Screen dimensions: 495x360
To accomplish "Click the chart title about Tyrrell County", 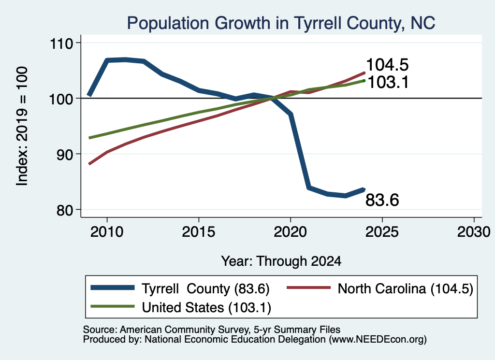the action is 281,23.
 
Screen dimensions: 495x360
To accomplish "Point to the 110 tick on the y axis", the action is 61,43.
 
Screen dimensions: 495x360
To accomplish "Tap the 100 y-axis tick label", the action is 61,99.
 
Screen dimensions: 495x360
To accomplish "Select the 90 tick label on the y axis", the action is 65,154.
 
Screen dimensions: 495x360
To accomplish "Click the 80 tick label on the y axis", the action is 65,210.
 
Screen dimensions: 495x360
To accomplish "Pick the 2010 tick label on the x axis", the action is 107,232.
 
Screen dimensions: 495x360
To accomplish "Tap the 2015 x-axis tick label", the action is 199,232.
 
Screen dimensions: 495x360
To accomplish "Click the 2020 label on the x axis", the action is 291,232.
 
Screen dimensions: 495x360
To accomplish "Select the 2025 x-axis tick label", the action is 382,232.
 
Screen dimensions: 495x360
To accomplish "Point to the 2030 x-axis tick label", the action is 474,232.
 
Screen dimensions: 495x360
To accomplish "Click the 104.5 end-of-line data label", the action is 387,65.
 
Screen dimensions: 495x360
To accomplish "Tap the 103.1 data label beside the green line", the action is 388,82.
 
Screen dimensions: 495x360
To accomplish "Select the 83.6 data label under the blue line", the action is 382,200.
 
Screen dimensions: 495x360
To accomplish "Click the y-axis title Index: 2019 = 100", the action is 22,126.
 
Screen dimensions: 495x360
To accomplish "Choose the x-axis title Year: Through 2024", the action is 281,261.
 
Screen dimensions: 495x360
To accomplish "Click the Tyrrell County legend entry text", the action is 205,288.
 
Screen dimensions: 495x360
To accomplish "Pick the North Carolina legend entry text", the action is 406,288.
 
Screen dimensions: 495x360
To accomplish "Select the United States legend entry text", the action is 206,308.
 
